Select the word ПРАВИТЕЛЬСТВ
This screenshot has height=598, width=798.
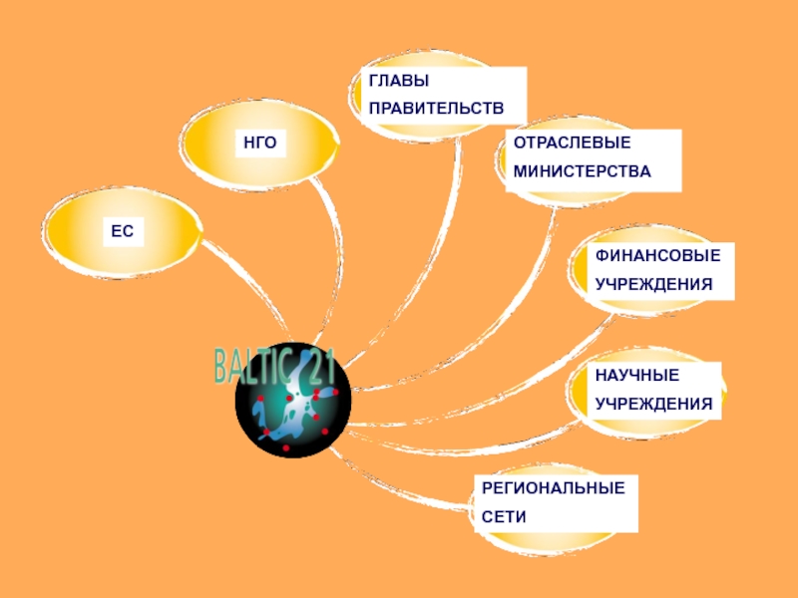[436, 107]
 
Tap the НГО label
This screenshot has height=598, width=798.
[259, 146]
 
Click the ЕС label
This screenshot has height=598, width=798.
[122, 231]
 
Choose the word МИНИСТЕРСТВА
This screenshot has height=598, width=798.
[583, 171]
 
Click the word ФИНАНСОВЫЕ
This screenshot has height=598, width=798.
[657, 255]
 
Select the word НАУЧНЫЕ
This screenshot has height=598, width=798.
[637, 375]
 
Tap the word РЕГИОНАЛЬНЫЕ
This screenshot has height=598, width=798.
[554, 488]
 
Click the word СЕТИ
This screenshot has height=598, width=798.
[503, 517]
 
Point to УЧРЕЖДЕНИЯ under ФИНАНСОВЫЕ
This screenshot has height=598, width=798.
[654, 284]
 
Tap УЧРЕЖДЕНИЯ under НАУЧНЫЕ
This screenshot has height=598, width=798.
[654, 404]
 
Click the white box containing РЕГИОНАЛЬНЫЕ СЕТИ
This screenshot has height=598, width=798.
[555, 503]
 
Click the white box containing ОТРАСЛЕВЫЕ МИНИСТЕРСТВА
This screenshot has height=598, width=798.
[593, 157]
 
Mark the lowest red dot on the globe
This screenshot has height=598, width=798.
[285, 448]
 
